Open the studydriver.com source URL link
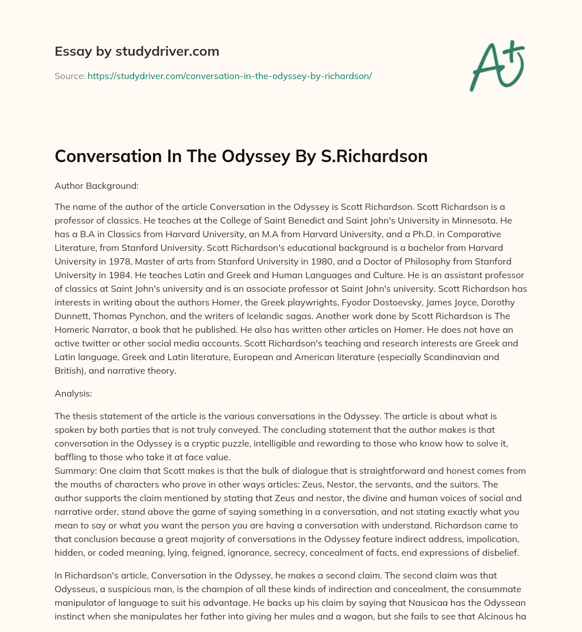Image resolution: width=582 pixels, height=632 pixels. tap(229, 76)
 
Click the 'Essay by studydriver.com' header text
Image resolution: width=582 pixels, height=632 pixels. tap(136, 52)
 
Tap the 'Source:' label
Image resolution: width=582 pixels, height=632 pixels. tap(69, 76)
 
